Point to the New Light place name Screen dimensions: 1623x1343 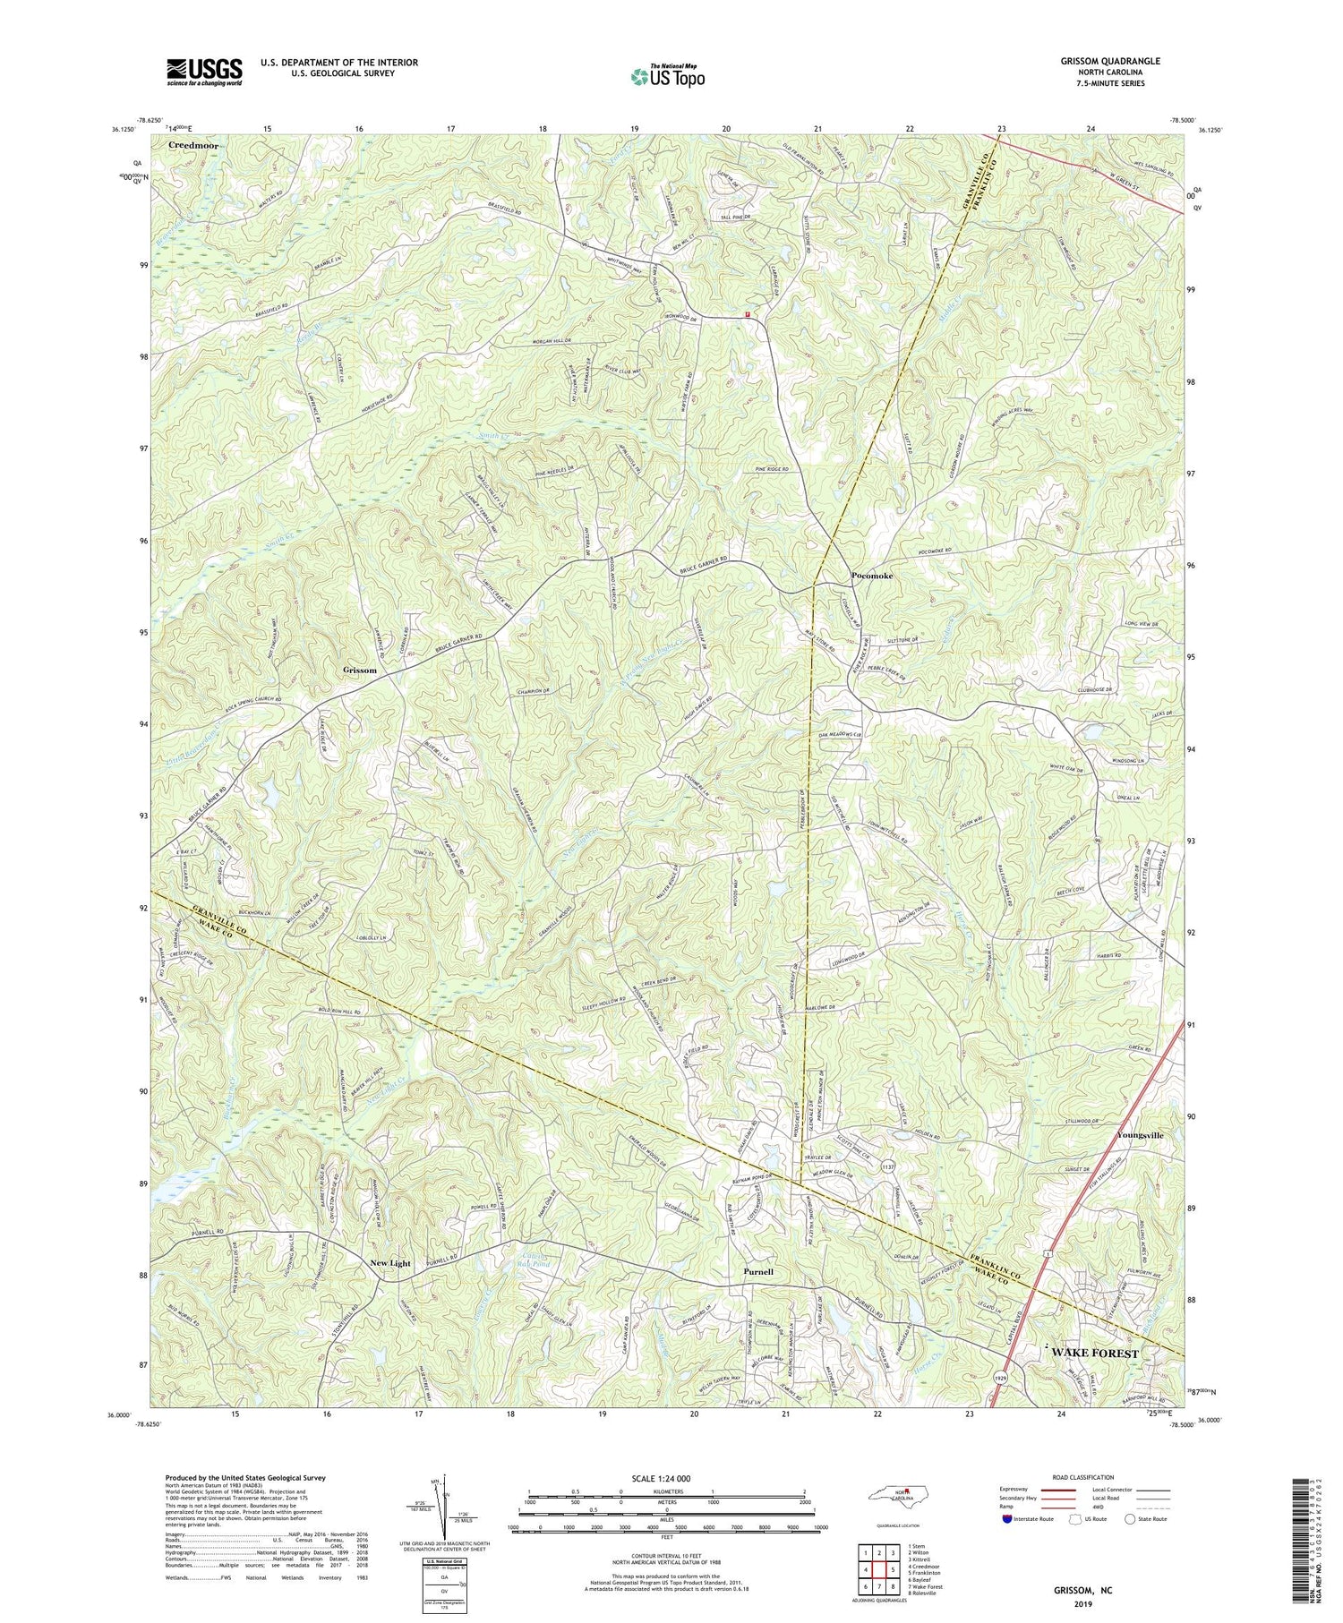pyautogui.click(x=390, y=1263)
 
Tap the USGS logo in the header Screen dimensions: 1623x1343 pyautogui.click(x=204, y=72)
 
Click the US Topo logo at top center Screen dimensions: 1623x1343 pyautogui.click(x=666, y=77)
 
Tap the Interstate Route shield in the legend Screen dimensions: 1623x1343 pyautogui.click(x=1007, y=1519)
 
